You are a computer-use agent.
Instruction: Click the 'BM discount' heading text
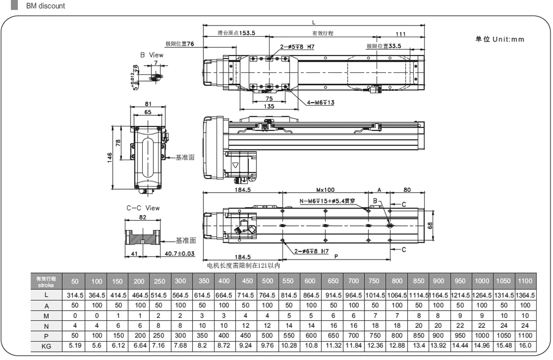point(45,6)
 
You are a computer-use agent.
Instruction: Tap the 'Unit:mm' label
point(508,39)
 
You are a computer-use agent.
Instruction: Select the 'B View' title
point(152,55)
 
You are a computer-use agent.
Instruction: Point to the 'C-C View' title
point(143,208)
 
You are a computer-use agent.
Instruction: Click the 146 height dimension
point(110,157)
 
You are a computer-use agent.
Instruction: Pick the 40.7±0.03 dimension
point(179,253)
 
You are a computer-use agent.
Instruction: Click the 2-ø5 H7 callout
point(297,46)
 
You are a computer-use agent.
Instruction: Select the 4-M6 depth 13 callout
point(321,102)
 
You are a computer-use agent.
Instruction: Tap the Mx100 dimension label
point(325,190)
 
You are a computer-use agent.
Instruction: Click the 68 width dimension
point(430,225)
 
